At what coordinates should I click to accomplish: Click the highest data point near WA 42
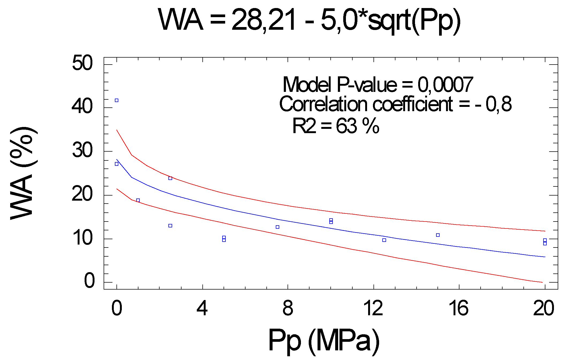click(116, 100)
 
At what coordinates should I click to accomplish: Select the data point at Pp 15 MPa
click(438, 235)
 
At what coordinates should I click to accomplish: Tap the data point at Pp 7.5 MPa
click(277, 227)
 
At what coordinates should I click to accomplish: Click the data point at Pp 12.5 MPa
click(384, 240)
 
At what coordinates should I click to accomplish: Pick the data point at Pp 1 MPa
click(138, 200)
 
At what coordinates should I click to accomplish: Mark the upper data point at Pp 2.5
click(170, 178)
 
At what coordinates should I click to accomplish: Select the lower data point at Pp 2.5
click(170, 226)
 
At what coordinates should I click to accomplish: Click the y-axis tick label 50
click(82, 63)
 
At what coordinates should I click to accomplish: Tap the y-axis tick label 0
click(89, 281)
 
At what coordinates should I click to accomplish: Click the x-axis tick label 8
click(288, 308)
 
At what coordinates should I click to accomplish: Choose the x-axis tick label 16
click(459, 308)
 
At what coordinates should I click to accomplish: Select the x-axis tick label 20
click(543, 308)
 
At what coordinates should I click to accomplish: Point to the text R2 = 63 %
click(335, 126)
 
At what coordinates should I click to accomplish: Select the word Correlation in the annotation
click(323, 104)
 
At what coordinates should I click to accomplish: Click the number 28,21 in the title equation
click(264, 20)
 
